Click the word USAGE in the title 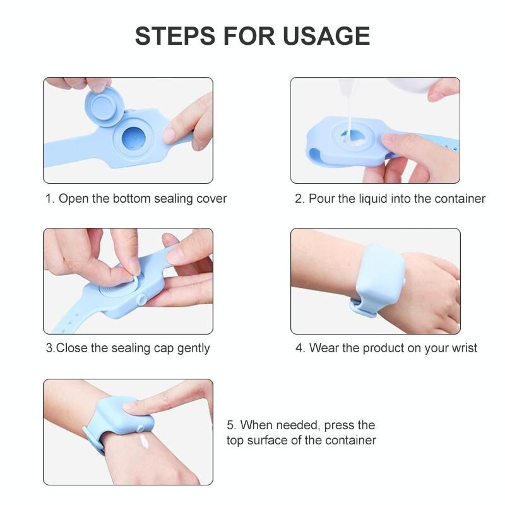(326, 36)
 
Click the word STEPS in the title (175, 36)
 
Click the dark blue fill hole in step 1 (133, 138)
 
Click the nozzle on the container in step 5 (140, 429)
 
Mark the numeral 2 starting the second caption (298, 199)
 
